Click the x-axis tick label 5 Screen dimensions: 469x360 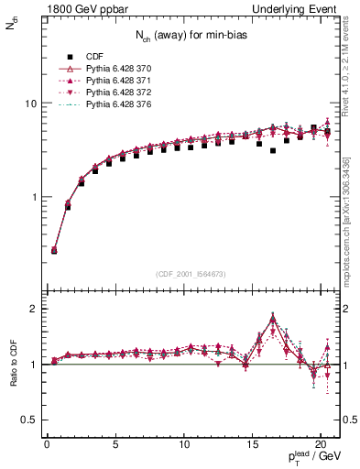(x=115, y=446)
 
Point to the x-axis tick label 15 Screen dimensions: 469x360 (x=252, y=446)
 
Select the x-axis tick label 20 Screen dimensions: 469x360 (x=321, y=446)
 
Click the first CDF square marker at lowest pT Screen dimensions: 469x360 (x=54, y=250)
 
